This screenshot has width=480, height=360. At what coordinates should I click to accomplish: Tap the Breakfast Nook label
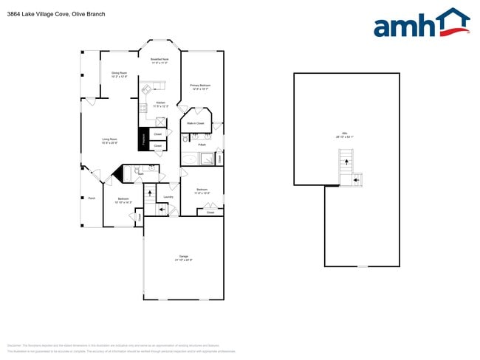[x=160, y=61]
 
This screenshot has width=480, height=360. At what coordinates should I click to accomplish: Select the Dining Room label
[x=119, y=75]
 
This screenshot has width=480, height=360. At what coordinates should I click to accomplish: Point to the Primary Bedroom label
[x=200, y=87]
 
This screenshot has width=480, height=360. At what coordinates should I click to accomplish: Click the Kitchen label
[x=160, y=104]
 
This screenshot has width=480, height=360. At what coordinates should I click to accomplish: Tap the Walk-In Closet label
[x=196, y=122]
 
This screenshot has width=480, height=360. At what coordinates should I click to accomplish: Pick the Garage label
[x=183, y=258]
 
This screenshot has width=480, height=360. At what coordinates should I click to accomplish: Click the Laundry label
[x=168, y=197]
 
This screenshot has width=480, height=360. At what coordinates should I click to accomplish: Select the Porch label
[x=92, y=198]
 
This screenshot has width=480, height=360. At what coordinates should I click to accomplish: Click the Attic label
[x=345, y=135]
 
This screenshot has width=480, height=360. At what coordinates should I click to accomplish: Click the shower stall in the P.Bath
[x=209, y=157]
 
